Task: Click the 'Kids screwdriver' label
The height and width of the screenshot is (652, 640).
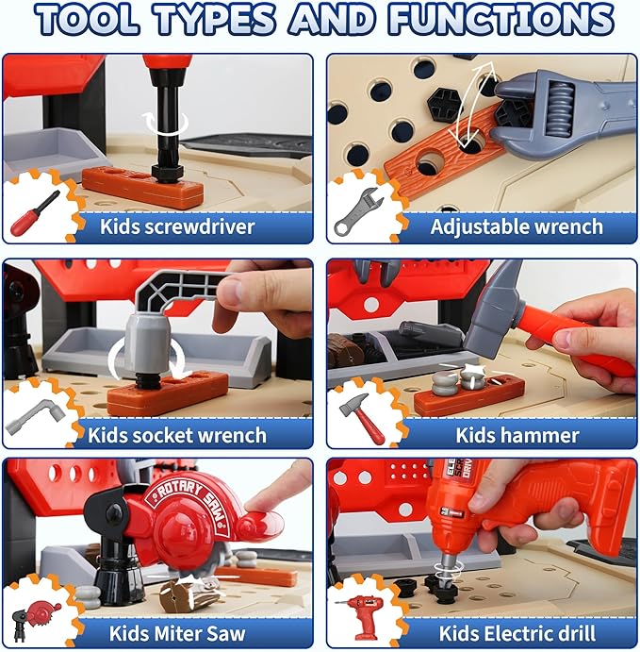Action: [178, 226]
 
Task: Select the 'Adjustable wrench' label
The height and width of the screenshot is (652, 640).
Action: [517, 226]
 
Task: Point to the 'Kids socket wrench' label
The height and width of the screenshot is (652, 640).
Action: [177, 435]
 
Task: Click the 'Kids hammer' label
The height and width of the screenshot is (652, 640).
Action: [517, 435]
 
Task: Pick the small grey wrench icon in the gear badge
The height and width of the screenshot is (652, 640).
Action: [355, 212]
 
